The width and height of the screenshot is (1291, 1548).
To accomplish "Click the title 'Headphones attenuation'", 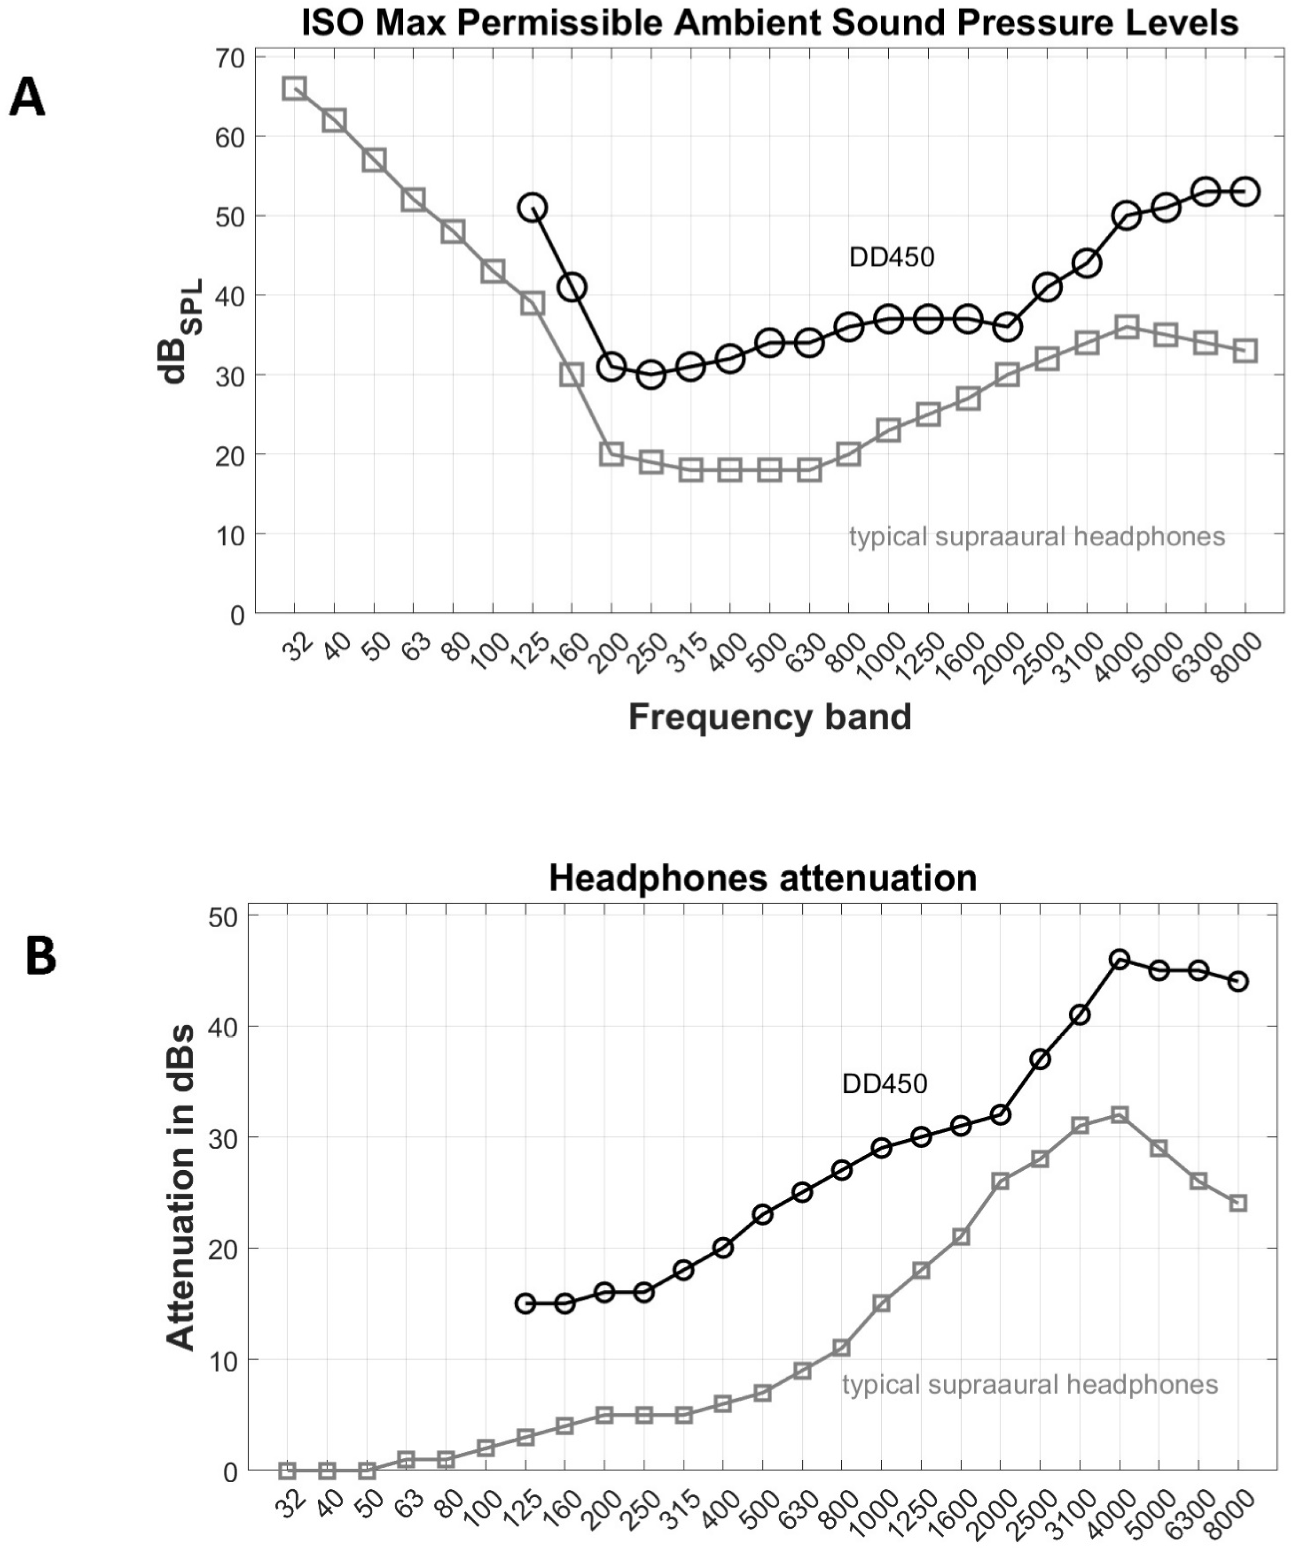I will coord(762,878).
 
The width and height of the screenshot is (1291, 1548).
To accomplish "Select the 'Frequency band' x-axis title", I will coord(770,716).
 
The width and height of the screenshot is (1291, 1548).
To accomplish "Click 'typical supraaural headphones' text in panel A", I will coord(1037,537).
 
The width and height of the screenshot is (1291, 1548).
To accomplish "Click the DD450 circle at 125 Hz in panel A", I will coord(532,208).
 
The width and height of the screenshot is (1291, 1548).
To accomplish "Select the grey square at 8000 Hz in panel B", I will coord(1239,1203).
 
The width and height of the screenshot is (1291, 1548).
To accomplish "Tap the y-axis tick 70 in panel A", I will coord(229,58).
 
